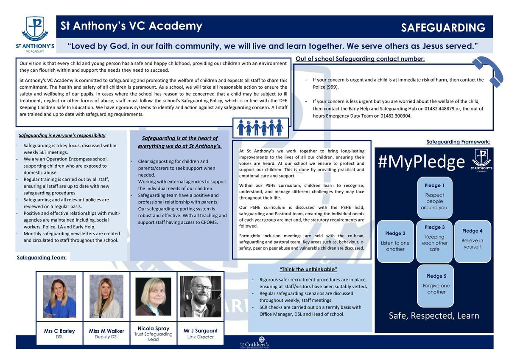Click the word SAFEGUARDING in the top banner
[x=443, y=28]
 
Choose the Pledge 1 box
[x=434, y=197]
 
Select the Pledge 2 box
[x=395, y=241]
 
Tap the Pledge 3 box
[x=434, y=241]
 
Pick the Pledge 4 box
[x=472, y=240]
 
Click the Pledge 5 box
[x=436, y=286]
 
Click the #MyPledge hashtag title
[x=421, y=162]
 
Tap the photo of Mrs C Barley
[x=59, y=296]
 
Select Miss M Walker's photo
[x=106, y=296]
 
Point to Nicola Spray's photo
[x=153, y=296]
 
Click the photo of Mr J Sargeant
[x=200, y=296]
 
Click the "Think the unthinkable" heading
[x=308, y=270]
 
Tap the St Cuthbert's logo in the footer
[x=255, y=342]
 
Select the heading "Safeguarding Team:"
[x=42, y=257]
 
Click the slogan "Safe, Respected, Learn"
[x=434, y=315]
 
